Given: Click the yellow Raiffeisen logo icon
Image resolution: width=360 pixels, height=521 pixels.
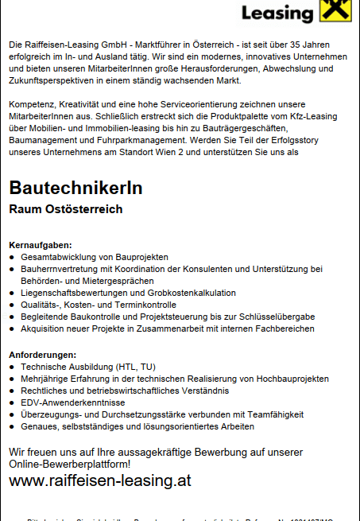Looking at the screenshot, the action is [335, 11].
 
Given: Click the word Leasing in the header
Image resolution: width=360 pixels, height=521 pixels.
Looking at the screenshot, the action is [277, 14].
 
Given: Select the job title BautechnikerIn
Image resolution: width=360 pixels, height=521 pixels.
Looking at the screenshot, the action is [76, 189].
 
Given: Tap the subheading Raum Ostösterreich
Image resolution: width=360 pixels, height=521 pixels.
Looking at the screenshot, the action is [66, 209].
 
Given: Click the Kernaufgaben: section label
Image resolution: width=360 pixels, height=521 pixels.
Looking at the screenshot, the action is [41, 244].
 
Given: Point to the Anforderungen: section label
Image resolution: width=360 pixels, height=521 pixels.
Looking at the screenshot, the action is [43, 354].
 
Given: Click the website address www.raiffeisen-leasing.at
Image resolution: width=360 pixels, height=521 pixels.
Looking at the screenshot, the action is [100, 481].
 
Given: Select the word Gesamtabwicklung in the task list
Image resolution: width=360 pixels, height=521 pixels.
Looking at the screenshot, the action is [60, 257].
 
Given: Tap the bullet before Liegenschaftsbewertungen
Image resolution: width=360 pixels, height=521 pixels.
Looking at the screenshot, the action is [12, 293].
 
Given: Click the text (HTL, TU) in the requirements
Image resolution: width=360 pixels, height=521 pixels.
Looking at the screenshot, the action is [136, 367].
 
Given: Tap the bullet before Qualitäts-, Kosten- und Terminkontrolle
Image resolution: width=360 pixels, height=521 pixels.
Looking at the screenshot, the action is [12, 305].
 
